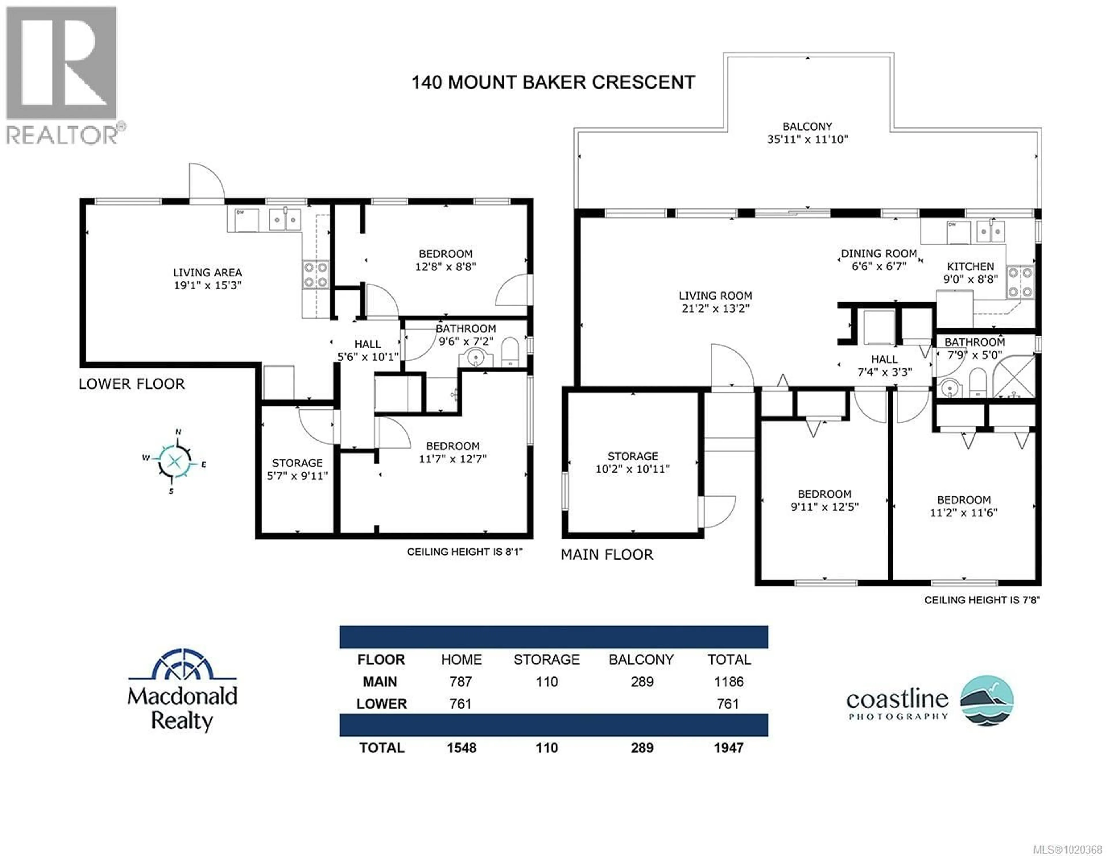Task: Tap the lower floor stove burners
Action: (x=315, y=275)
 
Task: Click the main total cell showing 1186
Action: (x=728, y=682)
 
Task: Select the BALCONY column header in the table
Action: (x=641, y=659)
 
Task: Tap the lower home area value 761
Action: (x=460, y=704)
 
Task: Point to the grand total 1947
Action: (x=728, y=748)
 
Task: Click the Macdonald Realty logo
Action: (x=182, y=690)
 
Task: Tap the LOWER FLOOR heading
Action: (x=132, y=384)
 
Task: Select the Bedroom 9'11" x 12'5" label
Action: (x=824, y=500)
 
